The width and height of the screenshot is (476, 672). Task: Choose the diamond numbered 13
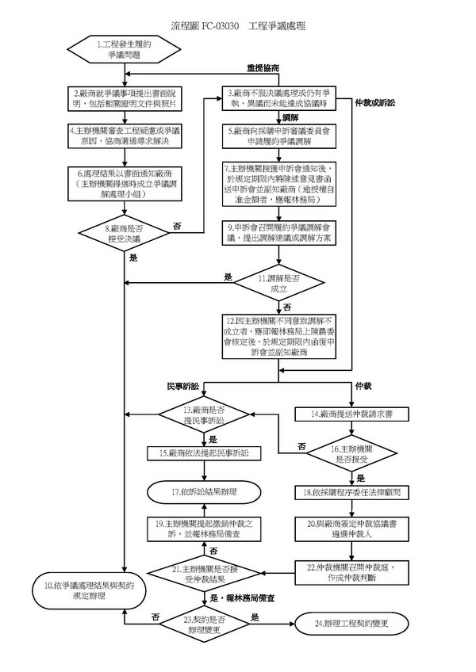point(205,415)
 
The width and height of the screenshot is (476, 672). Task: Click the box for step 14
point(351,414)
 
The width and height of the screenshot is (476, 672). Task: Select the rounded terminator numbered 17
point(205,492)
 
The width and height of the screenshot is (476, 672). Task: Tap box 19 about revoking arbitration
point(205,529)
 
